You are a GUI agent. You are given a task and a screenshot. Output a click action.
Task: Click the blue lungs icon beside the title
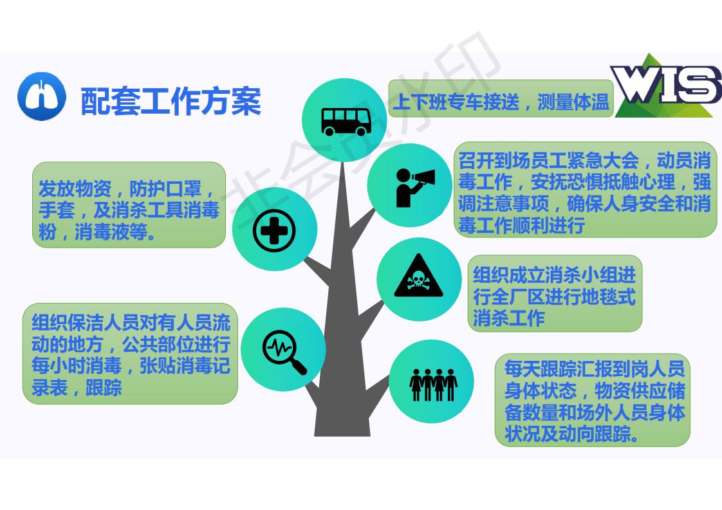(x=42, y=96)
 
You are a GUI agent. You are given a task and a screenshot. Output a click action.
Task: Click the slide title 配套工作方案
(x=171, y=101)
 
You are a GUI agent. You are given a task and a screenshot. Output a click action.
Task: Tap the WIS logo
(x=666, y=85)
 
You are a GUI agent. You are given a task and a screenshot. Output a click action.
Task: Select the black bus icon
(x=346, y=122)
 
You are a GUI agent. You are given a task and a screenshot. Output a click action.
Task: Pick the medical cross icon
(x=274, y=231)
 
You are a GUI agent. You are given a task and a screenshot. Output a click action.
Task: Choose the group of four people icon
(x=433, y=385)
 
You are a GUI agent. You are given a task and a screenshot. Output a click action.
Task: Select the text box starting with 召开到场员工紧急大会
(x=585, y=190)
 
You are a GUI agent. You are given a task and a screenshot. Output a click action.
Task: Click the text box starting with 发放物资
(x=129, y=205)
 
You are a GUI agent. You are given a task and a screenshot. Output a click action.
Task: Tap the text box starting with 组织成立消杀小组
(x=555, y=294)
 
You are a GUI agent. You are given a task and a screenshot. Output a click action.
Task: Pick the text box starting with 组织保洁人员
(x=131, y=354)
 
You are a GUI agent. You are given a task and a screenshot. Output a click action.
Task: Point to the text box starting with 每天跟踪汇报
(x=593, y=400)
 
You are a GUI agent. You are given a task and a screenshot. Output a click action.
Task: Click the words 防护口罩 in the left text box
(x=165, y=188)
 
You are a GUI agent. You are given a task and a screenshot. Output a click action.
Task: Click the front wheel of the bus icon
(x=361, y=131)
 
